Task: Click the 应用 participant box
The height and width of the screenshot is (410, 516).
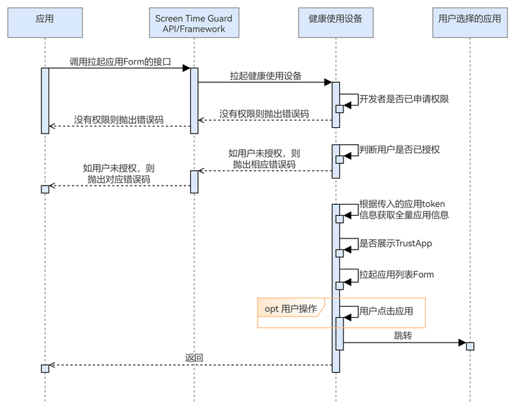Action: pyautogui.click(x=44, y=19)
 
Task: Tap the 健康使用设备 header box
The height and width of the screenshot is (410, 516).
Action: pyautogui.click(x=335, y=19)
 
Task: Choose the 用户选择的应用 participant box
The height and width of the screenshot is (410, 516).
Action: pyautogui.click(x=470, y=19)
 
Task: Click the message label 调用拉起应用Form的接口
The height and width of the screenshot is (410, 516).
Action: pyautogui.click(x=120, y=62)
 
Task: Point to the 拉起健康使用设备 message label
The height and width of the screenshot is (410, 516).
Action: pyautogui.click(x=265, y=76)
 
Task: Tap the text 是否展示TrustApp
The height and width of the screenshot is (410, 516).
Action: pyautogui.click(x=395, y=243)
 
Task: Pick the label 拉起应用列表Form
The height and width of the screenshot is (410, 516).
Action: pyautogui.click(x=396, y=274)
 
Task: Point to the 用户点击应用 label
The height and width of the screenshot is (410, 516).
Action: pyautogui.click(x=386, y=311)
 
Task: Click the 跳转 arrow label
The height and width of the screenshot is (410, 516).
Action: pyautogui.click(x=403, y=336)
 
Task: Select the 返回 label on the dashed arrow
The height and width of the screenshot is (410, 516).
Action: pyautogui.click(x=194, y=358)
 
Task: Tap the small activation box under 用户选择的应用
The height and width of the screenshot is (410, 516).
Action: pyautogui.click(x=470, y=346)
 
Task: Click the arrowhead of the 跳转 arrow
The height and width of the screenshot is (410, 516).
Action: pyautogui.click(x=462, y=343)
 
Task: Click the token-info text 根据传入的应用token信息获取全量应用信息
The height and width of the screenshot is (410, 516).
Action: pyautogui.click(x=403, y=210)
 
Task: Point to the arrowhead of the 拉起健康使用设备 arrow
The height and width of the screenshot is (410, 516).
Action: pyautogui.click(x=328, y=82)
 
